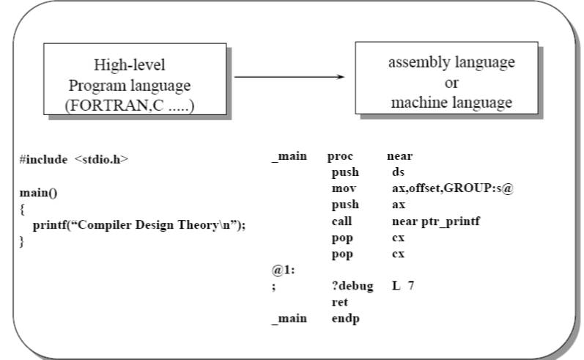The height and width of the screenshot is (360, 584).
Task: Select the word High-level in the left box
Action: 129,64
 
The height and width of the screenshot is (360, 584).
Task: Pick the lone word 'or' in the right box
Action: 451,83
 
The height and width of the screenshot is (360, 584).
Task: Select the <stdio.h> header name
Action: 101,158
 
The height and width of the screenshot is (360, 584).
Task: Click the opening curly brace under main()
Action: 22,210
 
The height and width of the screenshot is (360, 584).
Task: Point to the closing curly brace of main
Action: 22,241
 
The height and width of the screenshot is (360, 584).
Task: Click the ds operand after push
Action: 399,172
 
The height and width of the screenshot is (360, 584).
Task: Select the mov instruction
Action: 343,188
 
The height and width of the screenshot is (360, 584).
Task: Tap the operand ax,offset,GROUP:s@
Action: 453,188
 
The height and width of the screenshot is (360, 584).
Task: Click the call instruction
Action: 341,221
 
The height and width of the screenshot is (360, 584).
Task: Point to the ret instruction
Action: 339,302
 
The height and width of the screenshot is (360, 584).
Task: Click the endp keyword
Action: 344,318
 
